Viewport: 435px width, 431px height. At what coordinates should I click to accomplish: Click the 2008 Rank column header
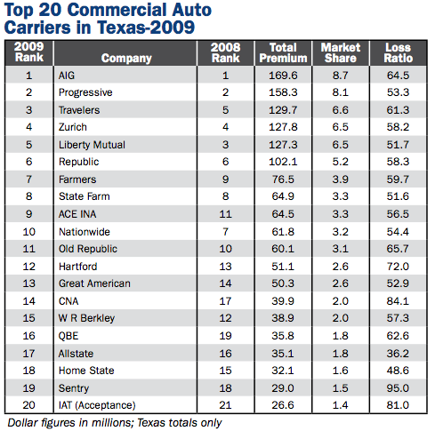pos(224,52)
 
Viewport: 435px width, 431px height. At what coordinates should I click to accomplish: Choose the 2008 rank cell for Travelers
pos(224,111)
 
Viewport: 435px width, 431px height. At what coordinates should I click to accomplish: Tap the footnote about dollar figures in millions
pos(114,421)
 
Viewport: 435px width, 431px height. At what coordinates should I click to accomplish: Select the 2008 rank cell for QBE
pos(224,336)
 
